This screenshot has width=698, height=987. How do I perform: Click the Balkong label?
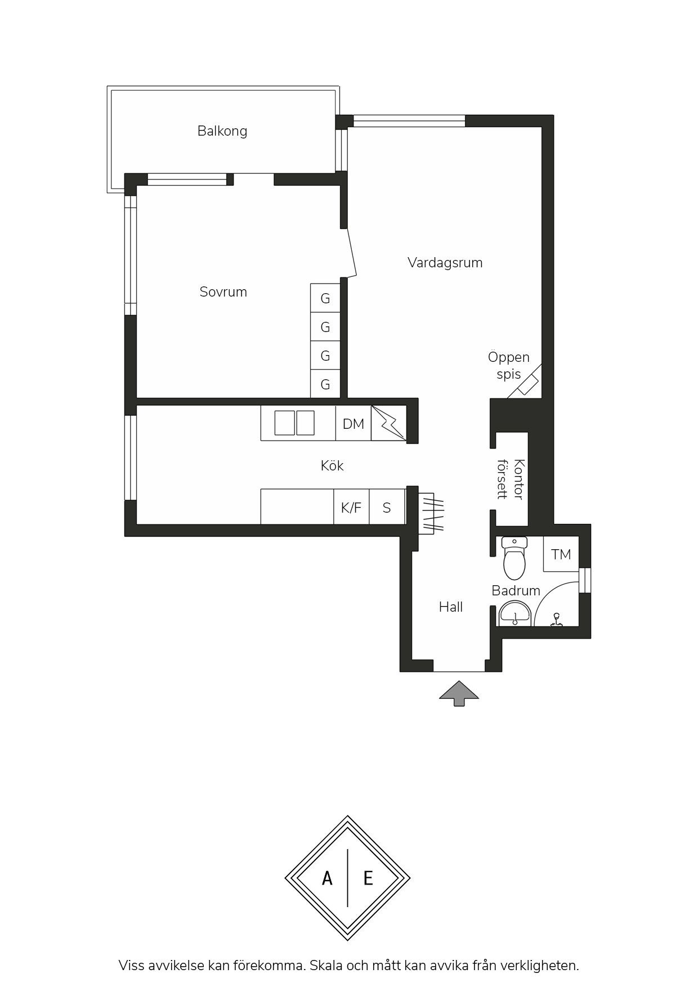[x=222, y=131]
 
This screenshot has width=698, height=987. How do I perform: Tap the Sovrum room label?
[x=223, y=292]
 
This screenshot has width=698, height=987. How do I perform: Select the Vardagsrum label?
[x=445, y=263]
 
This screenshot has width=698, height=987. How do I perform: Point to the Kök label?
[x=332, y=465]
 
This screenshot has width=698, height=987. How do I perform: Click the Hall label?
[x=451, y=607]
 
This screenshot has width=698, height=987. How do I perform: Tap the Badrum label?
[x=516, y=590]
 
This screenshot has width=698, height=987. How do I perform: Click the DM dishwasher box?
[x=354, y=423]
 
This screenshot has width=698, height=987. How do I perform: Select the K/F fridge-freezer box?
[x=352, y=507]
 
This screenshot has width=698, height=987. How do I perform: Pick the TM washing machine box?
[x=561, y=554]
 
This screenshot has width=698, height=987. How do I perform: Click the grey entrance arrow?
[x=459, y=693]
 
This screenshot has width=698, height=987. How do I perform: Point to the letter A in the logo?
[x=327, y=878]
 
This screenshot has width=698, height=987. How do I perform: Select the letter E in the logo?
[x=368, y=878]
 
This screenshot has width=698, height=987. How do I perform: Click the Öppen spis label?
[x=509, y=366]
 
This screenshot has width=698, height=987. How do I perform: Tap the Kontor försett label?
[x=511, y=479]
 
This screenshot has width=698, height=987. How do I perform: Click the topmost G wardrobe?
[x=325, y=298]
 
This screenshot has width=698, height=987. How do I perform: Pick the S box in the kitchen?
[x=387, y=507]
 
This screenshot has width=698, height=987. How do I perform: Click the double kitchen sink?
[x=294, y=423]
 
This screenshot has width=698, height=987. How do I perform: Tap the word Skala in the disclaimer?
[x=326, y=966]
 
